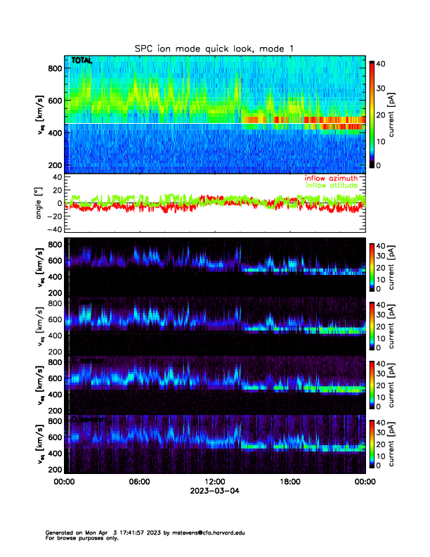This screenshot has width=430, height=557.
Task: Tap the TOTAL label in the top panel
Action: [x=82, y=62]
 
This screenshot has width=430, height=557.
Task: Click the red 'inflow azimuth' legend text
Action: [x=332, y=179]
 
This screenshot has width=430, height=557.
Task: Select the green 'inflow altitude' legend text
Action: [x=332, y=186]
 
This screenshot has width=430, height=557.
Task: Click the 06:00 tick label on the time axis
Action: [x=139, y=482]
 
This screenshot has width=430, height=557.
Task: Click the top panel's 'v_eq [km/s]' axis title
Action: [x=41, y=113]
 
